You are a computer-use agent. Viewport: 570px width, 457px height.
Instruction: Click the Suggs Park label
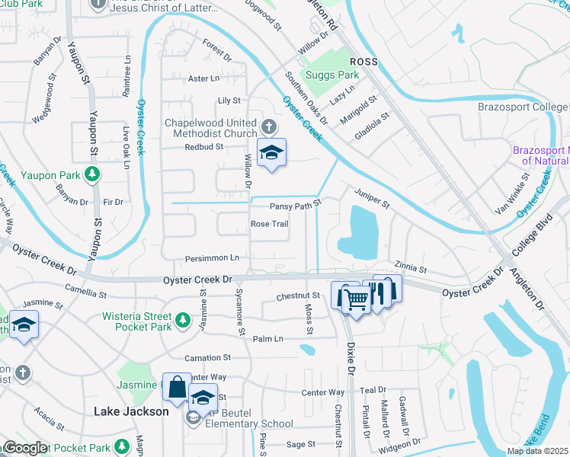click(332, 75)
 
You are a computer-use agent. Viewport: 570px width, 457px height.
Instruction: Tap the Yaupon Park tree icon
click(92, 175)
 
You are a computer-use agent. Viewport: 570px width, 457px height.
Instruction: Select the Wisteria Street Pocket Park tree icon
click(181, 318)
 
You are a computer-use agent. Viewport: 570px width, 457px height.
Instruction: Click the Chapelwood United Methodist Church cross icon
click(267, 126)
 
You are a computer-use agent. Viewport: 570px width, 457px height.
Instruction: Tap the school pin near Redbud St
click(271, 154)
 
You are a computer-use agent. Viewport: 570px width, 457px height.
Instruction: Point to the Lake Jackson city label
click(131, 411)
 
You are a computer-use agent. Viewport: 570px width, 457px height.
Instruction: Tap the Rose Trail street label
click(270, 224)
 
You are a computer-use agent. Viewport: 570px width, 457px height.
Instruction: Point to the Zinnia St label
click(410, 269)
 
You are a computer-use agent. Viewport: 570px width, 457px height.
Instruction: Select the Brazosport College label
click(523, 107)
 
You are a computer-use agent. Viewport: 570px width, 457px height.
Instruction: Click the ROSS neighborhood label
click(363, 61)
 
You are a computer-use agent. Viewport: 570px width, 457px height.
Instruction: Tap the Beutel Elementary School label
click(245, 423)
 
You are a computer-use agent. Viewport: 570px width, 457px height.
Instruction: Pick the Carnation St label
click(207, 357)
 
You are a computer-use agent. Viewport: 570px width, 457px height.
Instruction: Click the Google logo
click(25, 449)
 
